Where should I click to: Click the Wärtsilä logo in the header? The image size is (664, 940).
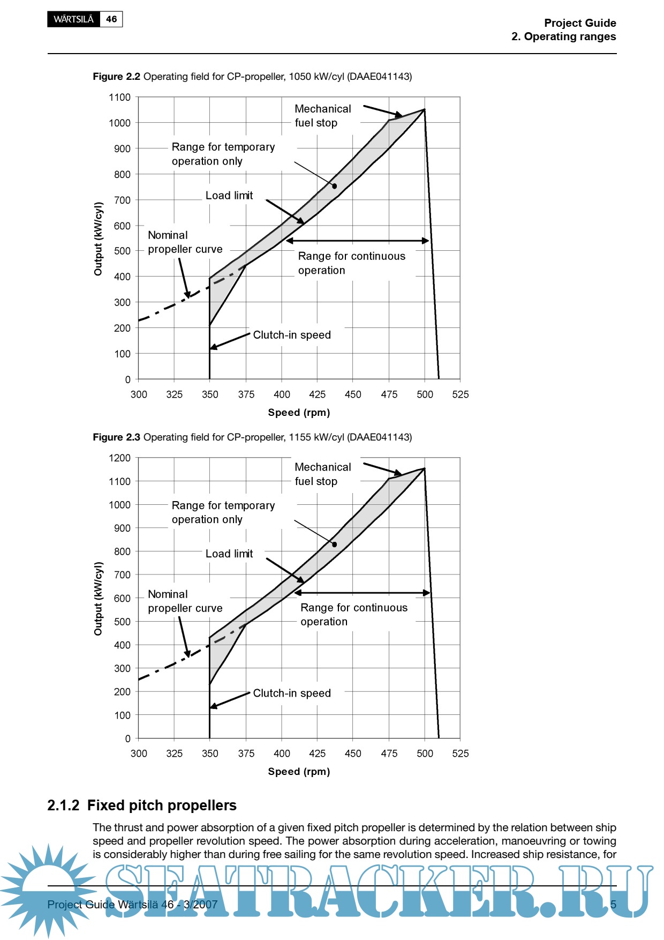coord(73,19)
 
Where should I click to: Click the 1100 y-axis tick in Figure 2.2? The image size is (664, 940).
coord(119,98)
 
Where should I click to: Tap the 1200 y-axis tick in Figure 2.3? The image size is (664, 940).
coord(119,458)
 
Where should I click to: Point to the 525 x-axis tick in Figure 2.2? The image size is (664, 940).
coord(460,395)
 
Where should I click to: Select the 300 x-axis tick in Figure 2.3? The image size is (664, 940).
coord(139,754)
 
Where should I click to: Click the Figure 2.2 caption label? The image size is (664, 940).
coord(116,77)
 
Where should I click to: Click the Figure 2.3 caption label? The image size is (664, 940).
coord(116,437)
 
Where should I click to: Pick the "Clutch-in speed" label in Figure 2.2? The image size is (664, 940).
coord(292,335)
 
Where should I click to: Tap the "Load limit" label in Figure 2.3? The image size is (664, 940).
coord(229,554)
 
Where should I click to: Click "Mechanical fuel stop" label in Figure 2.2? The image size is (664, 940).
coord(322,116)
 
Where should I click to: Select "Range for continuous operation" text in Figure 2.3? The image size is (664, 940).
coord(353,615)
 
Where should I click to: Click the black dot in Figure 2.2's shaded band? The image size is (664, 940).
coord(335,186)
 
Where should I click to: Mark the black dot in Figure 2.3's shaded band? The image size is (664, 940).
coord(335,544)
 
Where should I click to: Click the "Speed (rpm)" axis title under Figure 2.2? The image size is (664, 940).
coord(299,413)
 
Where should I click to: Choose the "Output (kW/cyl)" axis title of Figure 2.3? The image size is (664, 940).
coord(98,599)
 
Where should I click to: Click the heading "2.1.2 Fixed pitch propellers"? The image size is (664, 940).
coord(142,805)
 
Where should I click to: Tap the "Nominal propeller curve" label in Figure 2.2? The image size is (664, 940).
coord(185,242)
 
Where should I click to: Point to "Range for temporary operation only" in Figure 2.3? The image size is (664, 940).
coord(223,512)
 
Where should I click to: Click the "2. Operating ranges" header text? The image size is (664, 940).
coord(563,37)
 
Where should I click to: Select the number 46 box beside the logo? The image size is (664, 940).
coord(111,19)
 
